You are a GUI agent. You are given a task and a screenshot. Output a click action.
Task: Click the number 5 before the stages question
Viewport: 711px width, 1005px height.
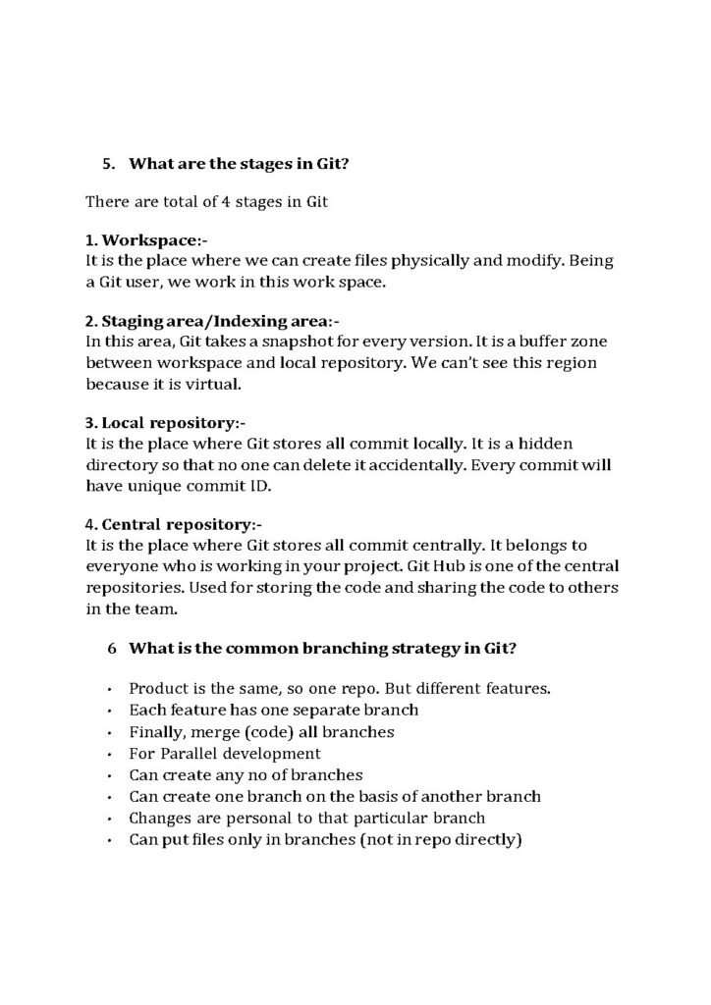coord(108,164)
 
